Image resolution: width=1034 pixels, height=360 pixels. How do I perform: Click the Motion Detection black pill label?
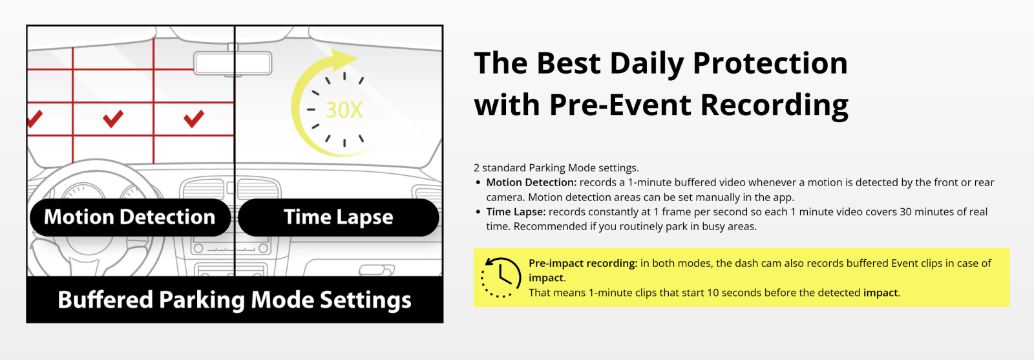click(130, 217)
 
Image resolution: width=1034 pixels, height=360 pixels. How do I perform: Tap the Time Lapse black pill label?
click(339, 217)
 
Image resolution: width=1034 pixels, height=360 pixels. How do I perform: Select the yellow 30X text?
click(344, 110)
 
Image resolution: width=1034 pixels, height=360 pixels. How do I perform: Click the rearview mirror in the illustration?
click(233, 63)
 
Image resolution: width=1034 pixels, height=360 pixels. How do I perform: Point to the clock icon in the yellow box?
click(501, 277)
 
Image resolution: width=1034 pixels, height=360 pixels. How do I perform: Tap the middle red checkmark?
click(113, 119)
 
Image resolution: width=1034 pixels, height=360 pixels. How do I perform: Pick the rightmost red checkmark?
click(194, 119)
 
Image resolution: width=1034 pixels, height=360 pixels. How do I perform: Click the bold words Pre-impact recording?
click(583, 263)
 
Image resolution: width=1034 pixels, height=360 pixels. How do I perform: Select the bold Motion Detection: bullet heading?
click(531, 182)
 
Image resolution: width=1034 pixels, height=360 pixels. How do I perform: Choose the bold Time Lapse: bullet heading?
click(516, 212)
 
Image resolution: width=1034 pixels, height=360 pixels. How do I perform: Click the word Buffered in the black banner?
click(105, 299)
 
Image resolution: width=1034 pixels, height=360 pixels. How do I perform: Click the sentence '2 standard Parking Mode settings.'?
click(556, 167)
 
